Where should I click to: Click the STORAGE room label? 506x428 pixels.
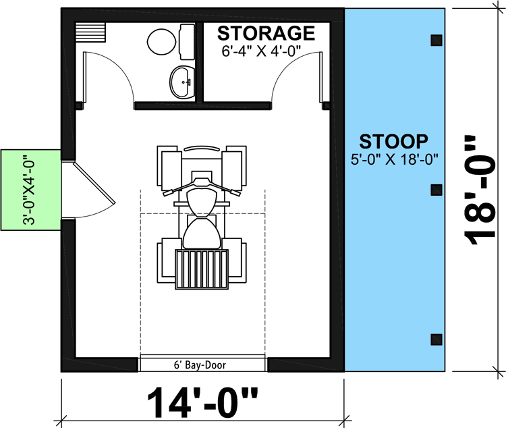[x=266, y=33]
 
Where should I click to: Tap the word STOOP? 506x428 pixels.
[x=393, y=142]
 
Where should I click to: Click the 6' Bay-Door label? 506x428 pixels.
[x=202, y=365]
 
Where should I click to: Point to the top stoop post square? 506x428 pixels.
[x=437, y=39]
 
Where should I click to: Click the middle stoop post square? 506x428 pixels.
[x=437, y=189]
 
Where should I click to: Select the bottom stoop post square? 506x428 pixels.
[x=437, y=338]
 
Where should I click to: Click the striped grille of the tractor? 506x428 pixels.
[x=202, y=269]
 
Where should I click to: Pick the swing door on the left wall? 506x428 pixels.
[x=94, y=191]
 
